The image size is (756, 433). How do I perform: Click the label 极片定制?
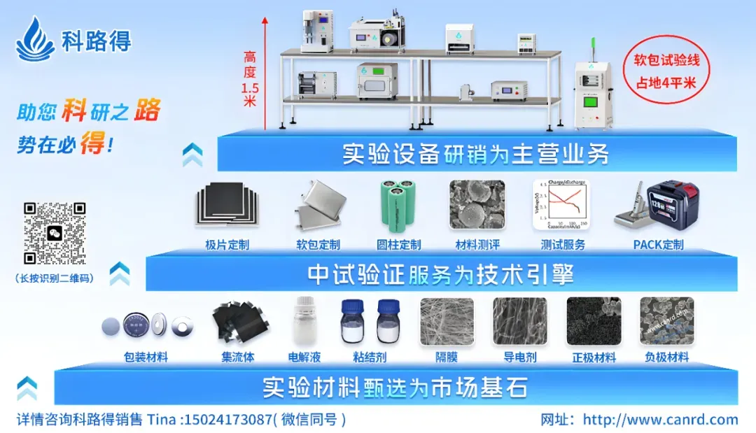click(x=227, y=245)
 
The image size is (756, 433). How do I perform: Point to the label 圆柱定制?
click(x=399, y=245)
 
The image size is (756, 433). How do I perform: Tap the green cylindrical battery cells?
click(x=398, y=207)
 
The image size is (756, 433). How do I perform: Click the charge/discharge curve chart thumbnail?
click(x=561, y=206)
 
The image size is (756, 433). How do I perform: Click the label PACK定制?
click(x=658, y=245)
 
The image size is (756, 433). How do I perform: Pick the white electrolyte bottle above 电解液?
click(x=303, y=322)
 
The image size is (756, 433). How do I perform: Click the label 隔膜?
click(x=447, y=357)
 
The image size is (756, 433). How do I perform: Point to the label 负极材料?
click(x=666, y=357)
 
